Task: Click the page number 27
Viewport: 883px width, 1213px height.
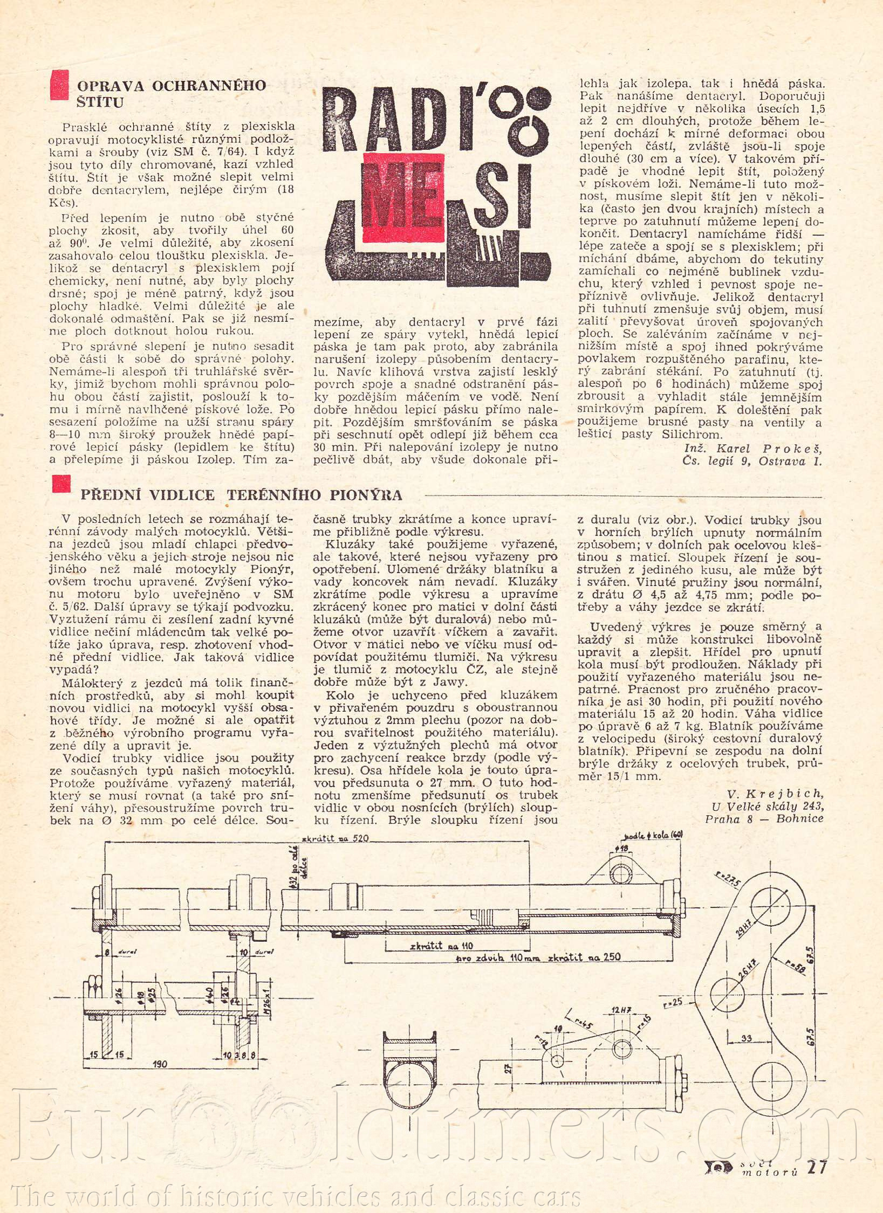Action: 816,1166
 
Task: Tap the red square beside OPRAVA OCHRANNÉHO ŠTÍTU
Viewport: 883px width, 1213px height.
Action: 59,85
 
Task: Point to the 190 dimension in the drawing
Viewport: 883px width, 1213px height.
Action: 160,1064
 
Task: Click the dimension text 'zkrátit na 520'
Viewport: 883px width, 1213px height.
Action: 336,838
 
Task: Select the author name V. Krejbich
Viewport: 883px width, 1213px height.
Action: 775,794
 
